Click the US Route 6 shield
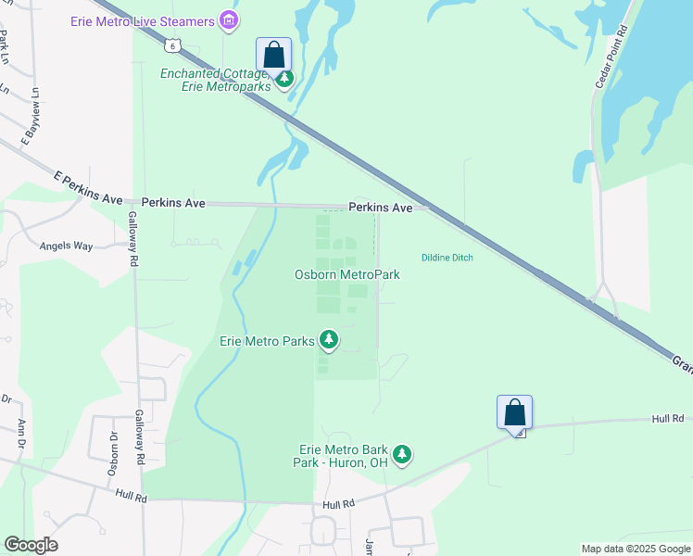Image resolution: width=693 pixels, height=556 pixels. coord(171,44)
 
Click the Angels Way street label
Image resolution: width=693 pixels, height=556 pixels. coord(66,246)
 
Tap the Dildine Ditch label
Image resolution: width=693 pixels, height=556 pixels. coord(447,258)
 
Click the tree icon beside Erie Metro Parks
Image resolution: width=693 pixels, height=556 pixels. coord(328,341)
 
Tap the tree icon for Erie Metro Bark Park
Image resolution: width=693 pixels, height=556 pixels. coord(401,454)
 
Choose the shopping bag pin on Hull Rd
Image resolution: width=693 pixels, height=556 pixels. coord(514,412)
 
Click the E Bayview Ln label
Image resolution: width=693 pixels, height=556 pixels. coord(31,115)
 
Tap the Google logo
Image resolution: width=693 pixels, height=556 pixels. coord(31,545)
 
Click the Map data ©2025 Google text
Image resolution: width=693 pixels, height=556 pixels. coord(635,549)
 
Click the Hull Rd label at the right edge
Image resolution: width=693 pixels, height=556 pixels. coord(666,419)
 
